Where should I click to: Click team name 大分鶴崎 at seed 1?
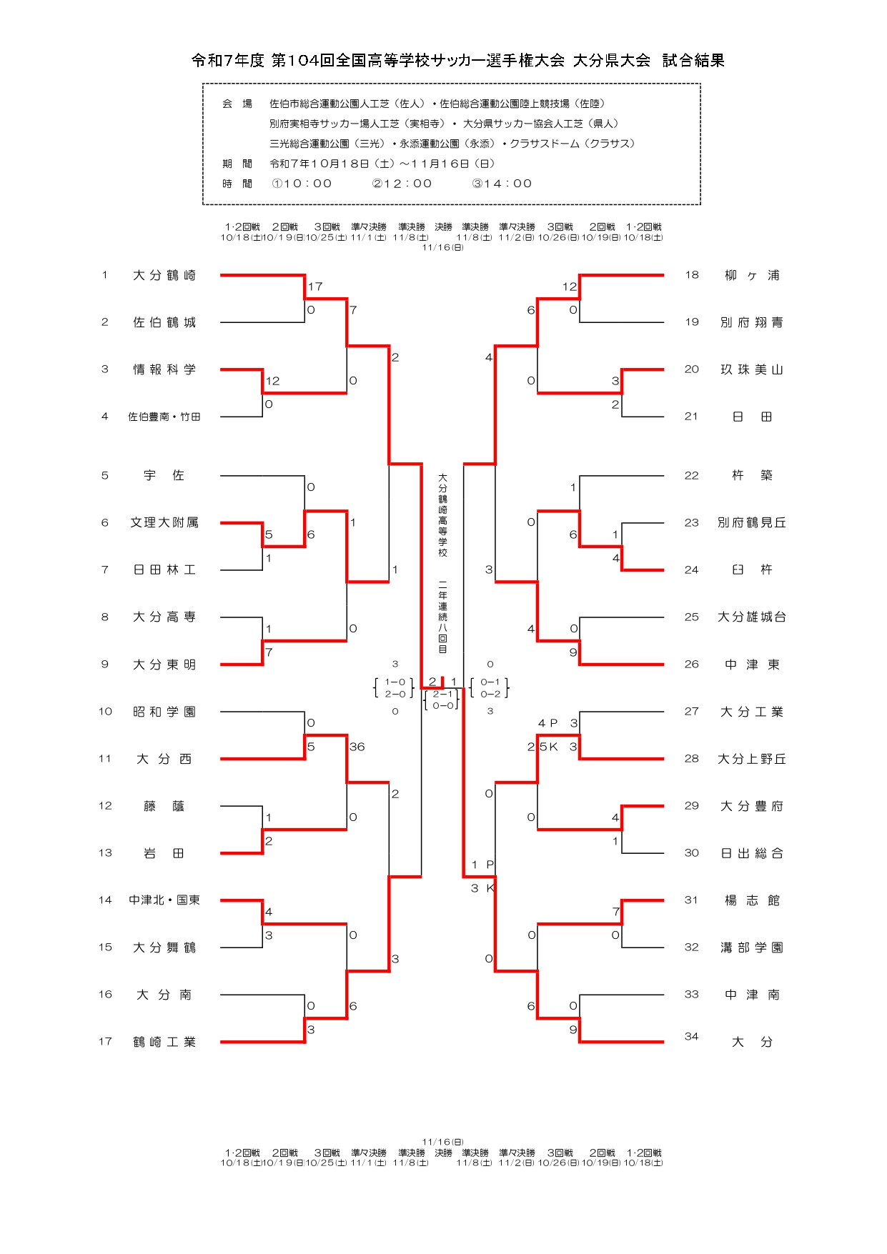coord(164,276)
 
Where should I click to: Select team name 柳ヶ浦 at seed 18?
coord(751,276)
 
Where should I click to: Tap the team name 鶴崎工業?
coord(164,1042)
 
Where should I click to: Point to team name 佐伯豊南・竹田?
coord(164,417)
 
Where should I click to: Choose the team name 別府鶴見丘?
coord(751,523)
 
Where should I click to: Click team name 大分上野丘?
coord(751,759)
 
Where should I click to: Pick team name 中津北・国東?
coord(164,900)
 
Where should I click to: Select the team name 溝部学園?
coord(751,948)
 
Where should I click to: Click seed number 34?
coord(691,1037)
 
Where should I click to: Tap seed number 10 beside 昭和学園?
coord(105,712)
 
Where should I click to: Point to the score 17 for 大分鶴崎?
coord(315,287)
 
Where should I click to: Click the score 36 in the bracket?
coord(357,747)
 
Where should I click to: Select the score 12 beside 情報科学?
coord(272,381)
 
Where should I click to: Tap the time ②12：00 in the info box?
coord(402,184)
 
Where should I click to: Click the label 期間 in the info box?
coord(237,164)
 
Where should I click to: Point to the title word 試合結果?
coord(693,61)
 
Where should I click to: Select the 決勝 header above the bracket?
coord(443,227)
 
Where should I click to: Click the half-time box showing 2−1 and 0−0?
coord(442,700)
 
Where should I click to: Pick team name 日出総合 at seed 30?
coord(751,853)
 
